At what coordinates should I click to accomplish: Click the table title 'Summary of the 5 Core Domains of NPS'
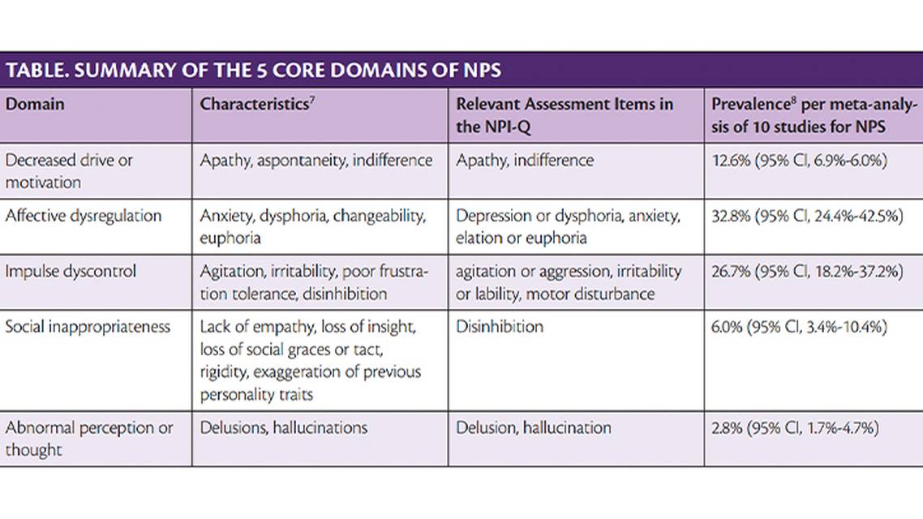[x=253, y=70]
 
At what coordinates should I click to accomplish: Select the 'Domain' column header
[x=35, y=105]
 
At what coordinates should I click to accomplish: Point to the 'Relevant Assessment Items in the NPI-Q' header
[x=564, y=114]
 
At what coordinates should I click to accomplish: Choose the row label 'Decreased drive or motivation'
[x=69, y=171]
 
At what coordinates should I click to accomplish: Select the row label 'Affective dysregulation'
[x=84, y=216]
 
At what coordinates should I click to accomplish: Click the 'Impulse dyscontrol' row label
[x=71, y=271]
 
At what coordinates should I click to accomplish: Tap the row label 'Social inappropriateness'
[x=88, y=326]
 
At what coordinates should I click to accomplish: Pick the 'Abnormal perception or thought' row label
[x=89, y=438]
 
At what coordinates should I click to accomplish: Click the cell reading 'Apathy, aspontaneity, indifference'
[x=316, y=161]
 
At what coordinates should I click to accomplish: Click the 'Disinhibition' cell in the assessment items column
[x=500, y=326]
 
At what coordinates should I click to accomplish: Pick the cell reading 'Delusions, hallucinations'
[x=284, y=427]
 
